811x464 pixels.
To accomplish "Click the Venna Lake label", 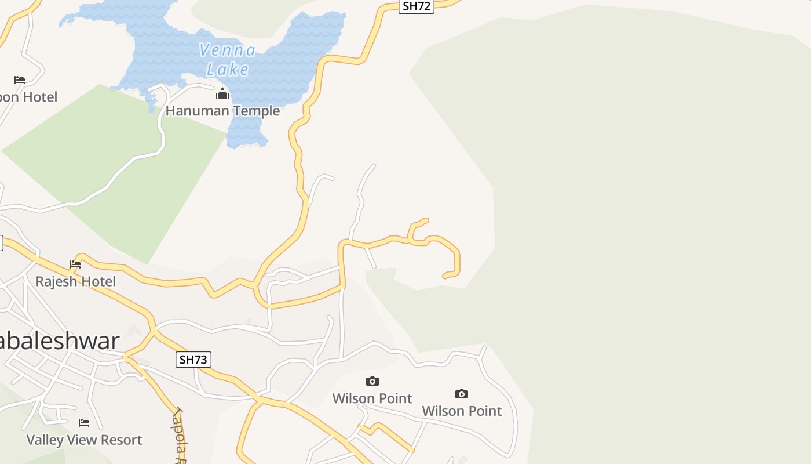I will click(x=227, y=60).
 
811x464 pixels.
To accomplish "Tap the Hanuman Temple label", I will click(x=222, y=111).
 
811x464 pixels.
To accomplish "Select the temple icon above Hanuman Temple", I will click(x=222, y=93).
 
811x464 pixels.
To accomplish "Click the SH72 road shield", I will click(x=417, y=6).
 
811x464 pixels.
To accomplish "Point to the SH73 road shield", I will click(x=193, y=360).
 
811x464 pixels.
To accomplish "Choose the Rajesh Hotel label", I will click(x=76, y=281).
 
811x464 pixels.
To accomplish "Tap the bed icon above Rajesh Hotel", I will click(x=75, y=264).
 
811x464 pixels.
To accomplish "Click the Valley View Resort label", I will click(x=84, y=440).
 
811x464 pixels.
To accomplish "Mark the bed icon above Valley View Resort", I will click(x=84, y=423).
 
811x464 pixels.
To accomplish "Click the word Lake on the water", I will click(x=228, y=70).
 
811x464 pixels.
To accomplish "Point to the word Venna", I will click(x=227, y=50).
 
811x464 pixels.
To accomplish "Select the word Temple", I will click(x=253, y=111).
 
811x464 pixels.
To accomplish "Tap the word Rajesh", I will click(x=56, y=281).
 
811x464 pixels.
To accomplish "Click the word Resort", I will click(x=120, y=440).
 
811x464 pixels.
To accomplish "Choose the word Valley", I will click(x=45, y=440).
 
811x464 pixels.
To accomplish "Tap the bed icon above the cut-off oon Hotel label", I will click(x=20, y=79).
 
